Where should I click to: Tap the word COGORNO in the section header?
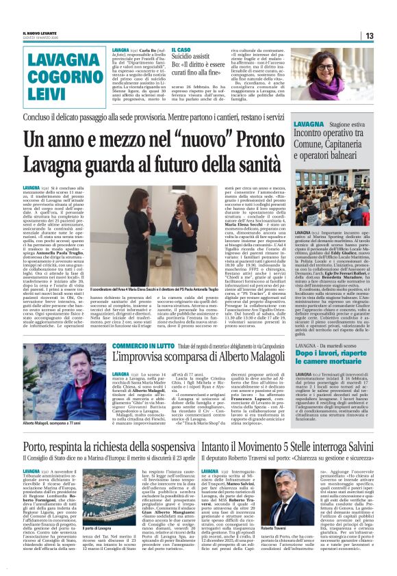[x=57, y=75]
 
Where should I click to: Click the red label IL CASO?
[x=182, y=50]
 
